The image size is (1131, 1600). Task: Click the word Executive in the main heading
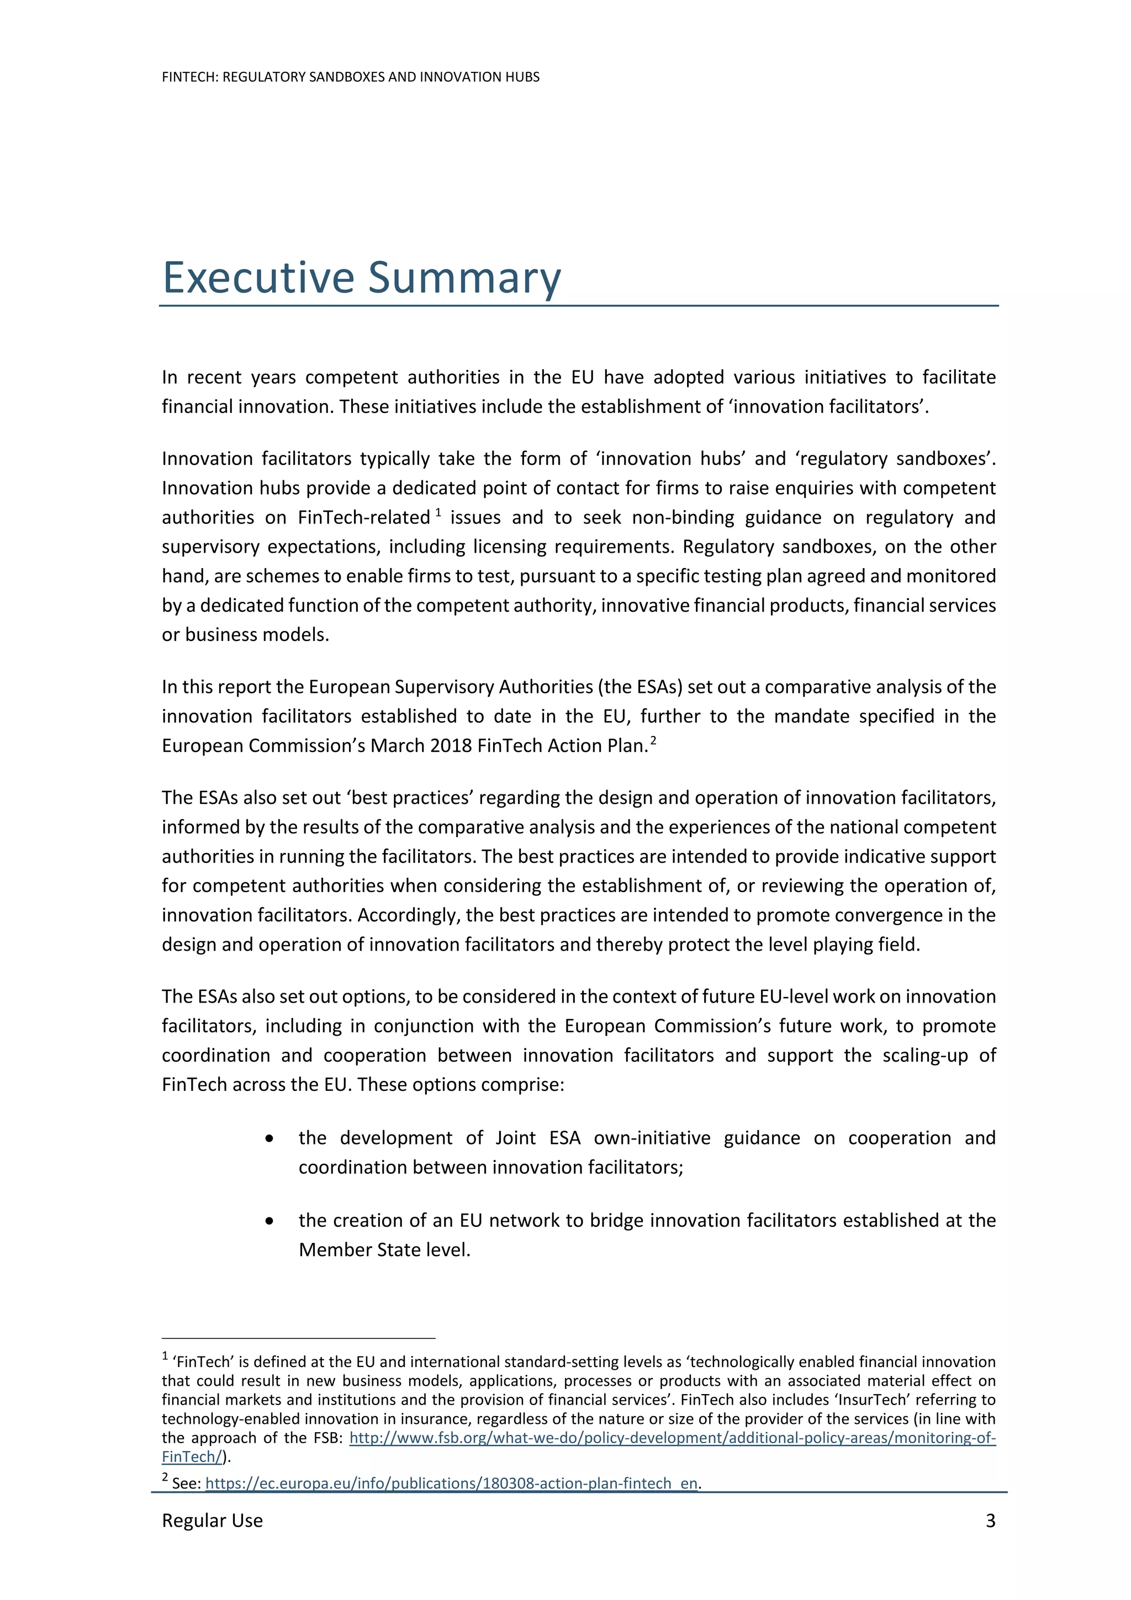258,278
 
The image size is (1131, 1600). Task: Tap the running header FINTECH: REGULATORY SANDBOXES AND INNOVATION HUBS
351,77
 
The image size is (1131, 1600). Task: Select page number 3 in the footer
990,1520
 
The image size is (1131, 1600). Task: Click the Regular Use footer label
212,1520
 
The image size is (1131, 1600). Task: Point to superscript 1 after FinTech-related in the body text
438,512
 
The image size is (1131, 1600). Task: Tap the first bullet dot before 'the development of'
269,1138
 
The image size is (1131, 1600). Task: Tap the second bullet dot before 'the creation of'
269,1221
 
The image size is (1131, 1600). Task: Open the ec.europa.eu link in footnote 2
452,1483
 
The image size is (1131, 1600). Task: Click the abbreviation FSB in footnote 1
327,1438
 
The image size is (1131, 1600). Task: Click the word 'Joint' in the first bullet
516,1138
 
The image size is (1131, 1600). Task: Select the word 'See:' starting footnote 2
186,1484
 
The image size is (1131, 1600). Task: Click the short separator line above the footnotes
298,1339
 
